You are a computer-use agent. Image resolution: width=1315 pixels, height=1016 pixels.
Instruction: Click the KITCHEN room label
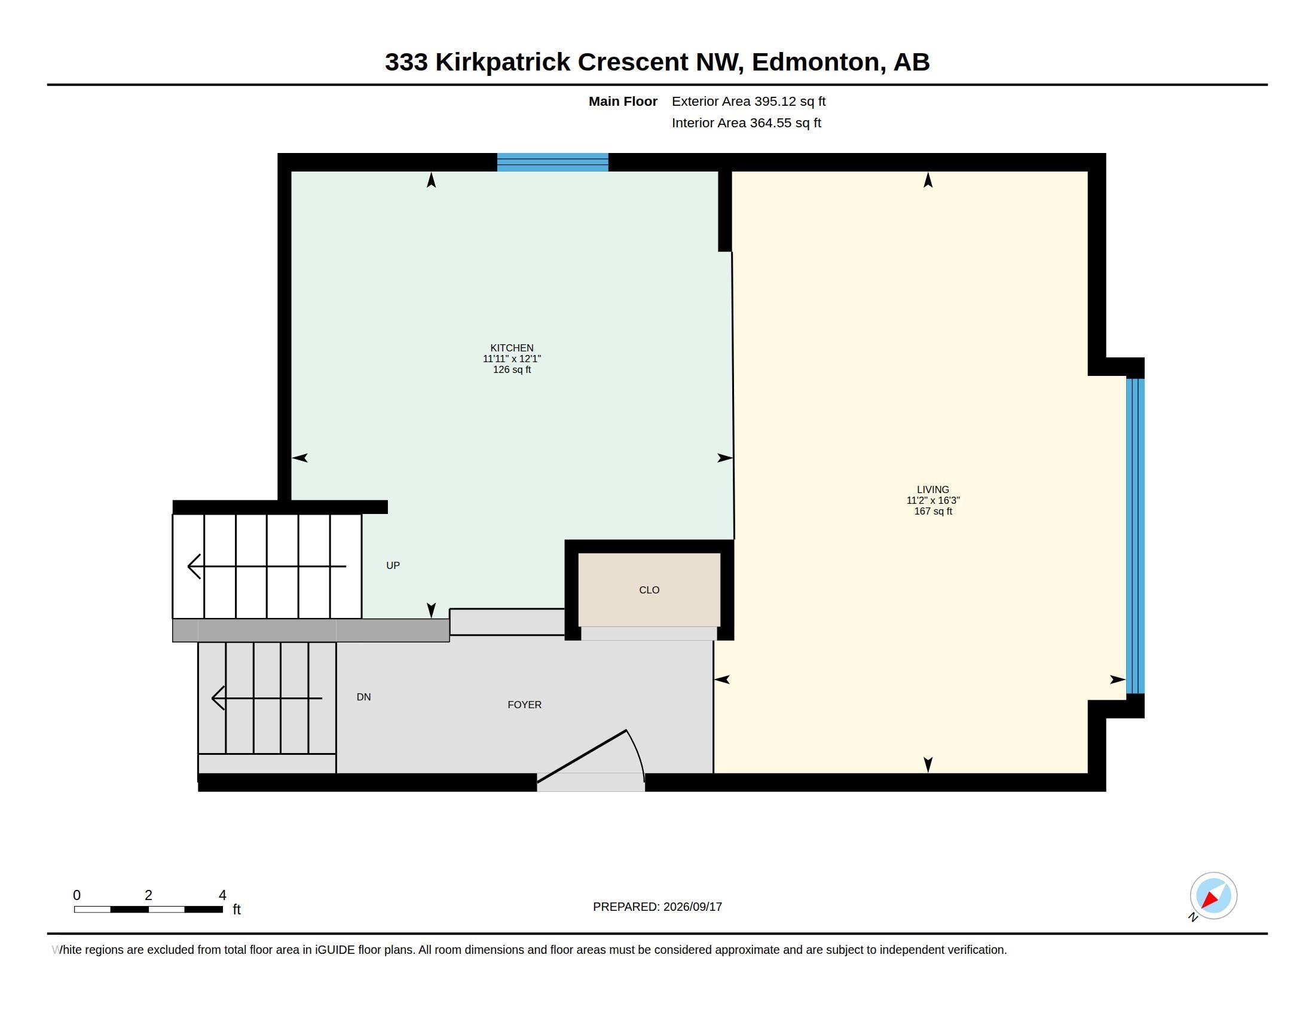pyautogui.click(x=512, y=348)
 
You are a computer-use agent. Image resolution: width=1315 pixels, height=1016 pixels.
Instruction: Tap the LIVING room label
pyautogui.click(x=932, y=490)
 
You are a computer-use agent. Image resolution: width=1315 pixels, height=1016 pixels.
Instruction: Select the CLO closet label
pyautogui.click(x=649, y=590)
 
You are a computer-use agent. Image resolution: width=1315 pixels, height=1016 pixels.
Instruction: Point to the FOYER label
pyautogui.click(x=524, y=705)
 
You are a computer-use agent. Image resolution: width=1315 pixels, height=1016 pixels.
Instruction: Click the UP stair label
pyautogui.click(x=393, y=565)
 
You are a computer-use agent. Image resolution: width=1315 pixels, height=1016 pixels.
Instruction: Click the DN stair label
pyautogui.click(x=363, y=697)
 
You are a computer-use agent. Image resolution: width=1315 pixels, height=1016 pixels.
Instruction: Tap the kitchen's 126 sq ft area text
pyautogui.click(x=512, y=369)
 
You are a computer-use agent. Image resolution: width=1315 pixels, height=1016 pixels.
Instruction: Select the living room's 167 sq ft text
pyautogui.click(x=933, y=512)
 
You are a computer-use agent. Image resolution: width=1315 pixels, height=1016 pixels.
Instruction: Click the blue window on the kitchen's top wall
pyautogui.click(x=553, y=163)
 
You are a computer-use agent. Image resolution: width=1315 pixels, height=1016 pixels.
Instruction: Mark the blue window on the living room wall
pyautogui.click(x=1136, y=535)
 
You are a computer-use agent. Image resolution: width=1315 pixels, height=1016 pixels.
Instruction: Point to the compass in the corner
pyautogui.click(x=1213, y=896)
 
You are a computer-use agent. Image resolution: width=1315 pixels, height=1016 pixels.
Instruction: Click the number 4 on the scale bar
pyautogui.click(x=222, y=895)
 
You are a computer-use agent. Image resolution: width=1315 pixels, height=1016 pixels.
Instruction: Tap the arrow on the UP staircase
pyautogui.click(x=267, y=567)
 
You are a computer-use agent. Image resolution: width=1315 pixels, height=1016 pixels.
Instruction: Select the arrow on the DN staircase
pyautogui.click(x=267, y=698)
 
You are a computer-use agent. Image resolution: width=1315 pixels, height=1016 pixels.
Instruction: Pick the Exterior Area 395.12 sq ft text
pyautogui.click(x=748, y=102)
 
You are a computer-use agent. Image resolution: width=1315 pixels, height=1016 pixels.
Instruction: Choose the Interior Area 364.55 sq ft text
pyautogui.click(x=747, y=123)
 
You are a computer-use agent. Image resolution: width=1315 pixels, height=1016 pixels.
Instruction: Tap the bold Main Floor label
pyautogui.click(x=623, y=102)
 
